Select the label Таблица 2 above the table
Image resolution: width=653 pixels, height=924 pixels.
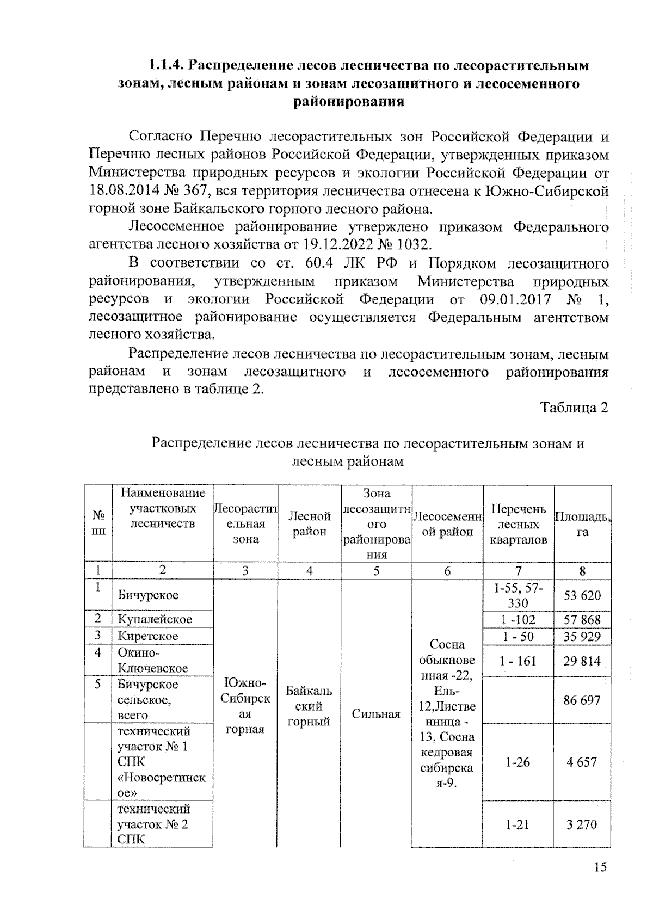574,408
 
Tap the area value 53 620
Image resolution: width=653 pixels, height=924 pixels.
582,595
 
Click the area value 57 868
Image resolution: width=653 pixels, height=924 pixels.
582,619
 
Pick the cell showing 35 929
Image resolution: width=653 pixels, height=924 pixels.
582,637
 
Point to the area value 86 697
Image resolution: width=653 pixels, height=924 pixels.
582,700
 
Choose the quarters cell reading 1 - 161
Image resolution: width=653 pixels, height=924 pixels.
518,661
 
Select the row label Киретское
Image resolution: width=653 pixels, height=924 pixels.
148,636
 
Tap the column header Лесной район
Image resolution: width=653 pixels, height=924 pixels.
309,523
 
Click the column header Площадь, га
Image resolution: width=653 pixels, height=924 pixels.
582,524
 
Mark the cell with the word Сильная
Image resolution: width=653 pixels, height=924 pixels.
376,714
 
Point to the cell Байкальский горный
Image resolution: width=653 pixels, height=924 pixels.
309,706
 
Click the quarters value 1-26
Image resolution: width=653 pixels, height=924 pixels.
518,762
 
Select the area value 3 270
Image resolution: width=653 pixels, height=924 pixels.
582,824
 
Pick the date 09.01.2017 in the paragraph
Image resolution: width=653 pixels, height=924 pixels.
515,300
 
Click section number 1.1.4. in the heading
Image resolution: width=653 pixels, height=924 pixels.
167,66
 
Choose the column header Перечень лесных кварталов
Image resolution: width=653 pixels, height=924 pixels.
518,524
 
